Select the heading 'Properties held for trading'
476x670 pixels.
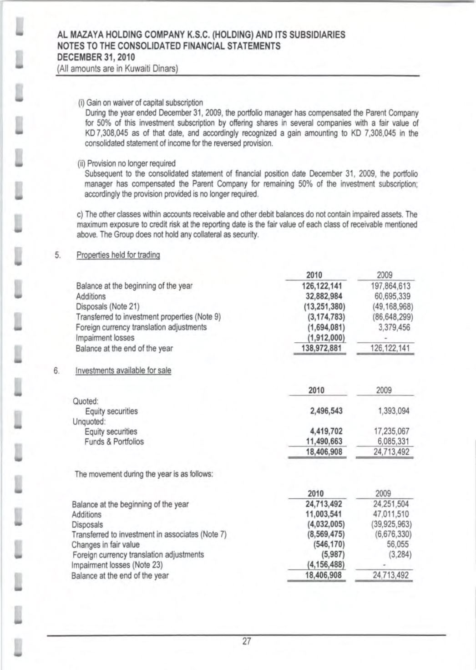pos(118,255)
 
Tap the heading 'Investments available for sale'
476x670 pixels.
pos(123,371)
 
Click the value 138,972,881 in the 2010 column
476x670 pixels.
pos(322,349)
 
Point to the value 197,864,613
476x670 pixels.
pos(391,286)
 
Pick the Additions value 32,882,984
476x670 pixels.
pos(324,296)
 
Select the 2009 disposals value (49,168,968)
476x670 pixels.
pos(391,306)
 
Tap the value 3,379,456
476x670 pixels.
pos(394,327)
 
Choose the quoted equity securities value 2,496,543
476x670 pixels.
pos(326,411)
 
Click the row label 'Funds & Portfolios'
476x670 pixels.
pos(114,442)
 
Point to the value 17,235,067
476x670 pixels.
pos(391,431)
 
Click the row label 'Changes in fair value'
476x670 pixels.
pos(106,545)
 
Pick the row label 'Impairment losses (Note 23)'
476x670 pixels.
pos(117,565)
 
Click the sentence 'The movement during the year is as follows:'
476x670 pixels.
pos(144,474)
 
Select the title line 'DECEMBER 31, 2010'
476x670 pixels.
pos(96,58)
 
